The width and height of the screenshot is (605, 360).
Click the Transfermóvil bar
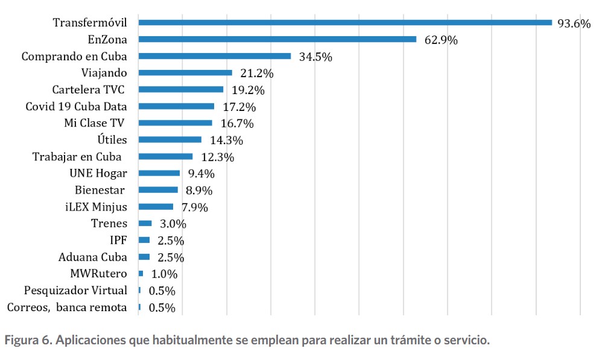pyautogui.click(x=345, y=23)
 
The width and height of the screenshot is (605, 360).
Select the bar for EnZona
pyautogui.click(x=277, y=39)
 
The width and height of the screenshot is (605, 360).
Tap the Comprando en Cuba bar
pyautogui.click(x=215, y=56)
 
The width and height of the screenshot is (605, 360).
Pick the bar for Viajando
pyautogui.click(x=185, y=73)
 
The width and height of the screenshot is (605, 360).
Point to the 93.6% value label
pyautogui.click(x=574, y=24)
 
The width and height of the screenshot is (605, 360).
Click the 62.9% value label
pyautogui.click(x=440, y=41)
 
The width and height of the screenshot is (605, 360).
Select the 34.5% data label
pyautogui.click(x=315, y=58)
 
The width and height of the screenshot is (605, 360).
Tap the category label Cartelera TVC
pyautogui.click(x=90, y=90)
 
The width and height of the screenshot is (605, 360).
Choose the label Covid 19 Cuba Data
pyautogui.click(x=76, y=106)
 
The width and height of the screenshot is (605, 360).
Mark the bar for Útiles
pyautogui.click(x=170, y=140)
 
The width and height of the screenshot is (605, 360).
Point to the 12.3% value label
pyautogui.click(x=217, y=158)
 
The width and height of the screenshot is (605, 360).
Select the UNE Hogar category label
pyautogui.click(x=98, y=174)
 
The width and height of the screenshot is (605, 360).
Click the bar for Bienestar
pyautogui.click(x=159, y=190)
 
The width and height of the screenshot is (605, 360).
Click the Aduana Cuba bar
pyautogui.click(x=144, y=257)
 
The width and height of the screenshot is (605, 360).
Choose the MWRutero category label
pyautogui.click(x=98, y=274)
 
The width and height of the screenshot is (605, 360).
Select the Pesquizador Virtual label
pyautogui.click(x=75, y=291)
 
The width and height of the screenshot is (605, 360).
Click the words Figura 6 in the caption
pyautogui.click(x=28, y=340)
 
